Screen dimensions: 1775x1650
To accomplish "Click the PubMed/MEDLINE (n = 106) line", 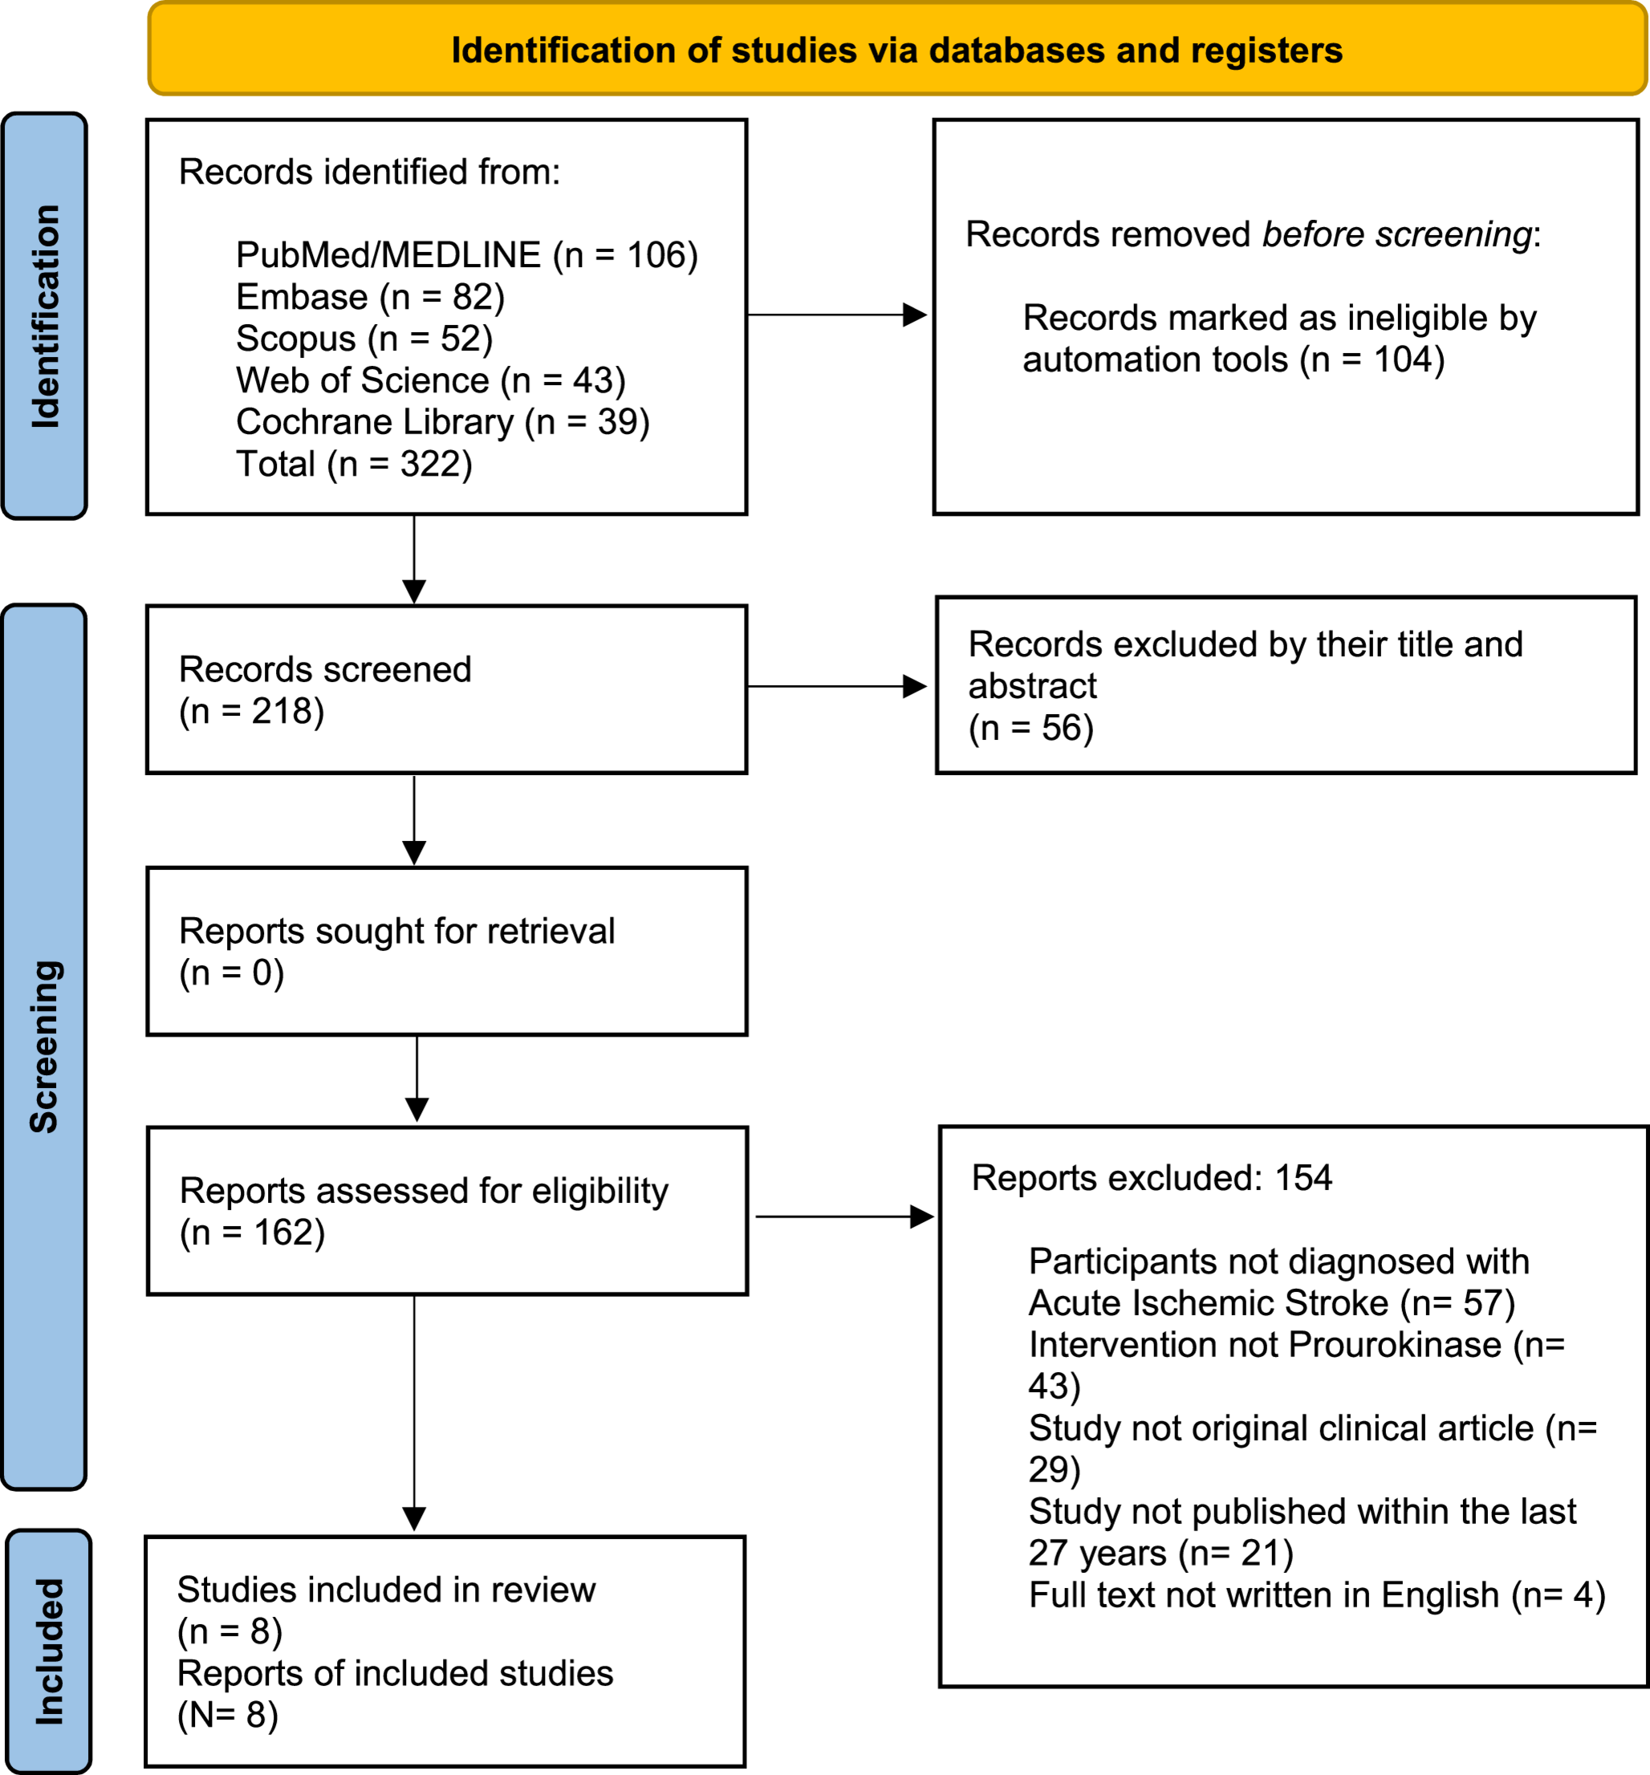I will [x=466, y=255].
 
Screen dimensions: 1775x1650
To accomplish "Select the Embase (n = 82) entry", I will [x=370, y=298].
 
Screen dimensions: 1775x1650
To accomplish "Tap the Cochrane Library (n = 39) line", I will [x=442, y=422].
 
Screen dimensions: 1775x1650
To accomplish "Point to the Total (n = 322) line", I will [x=354, y=465].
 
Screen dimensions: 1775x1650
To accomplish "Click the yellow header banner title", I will [x=896, y=51].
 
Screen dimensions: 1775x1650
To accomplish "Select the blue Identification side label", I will [x=45, y=316].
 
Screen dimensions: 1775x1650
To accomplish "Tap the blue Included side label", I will [x=49, y=1651].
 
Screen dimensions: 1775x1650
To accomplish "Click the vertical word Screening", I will [x=45, y=1046].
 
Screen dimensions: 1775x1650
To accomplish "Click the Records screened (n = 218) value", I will [x=252, y=712].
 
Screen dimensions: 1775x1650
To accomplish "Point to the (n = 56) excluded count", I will [x=1031, y=729].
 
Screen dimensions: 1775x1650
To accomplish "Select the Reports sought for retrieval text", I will [x=396, y=932].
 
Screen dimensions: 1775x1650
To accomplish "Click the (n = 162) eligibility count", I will [x=253, y=1233].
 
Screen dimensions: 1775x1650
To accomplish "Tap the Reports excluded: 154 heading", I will [x=1151, y=1178].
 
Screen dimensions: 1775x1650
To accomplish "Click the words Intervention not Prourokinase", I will [x=1264, y=1345].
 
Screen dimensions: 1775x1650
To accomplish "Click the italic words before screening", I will [x=1396, y=235].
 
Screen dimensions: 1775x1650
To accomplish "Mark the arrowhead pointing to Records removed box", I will [x=915, y=315].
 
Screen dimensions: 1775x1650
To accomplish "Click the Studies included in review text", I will [x=386, y=1590].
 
